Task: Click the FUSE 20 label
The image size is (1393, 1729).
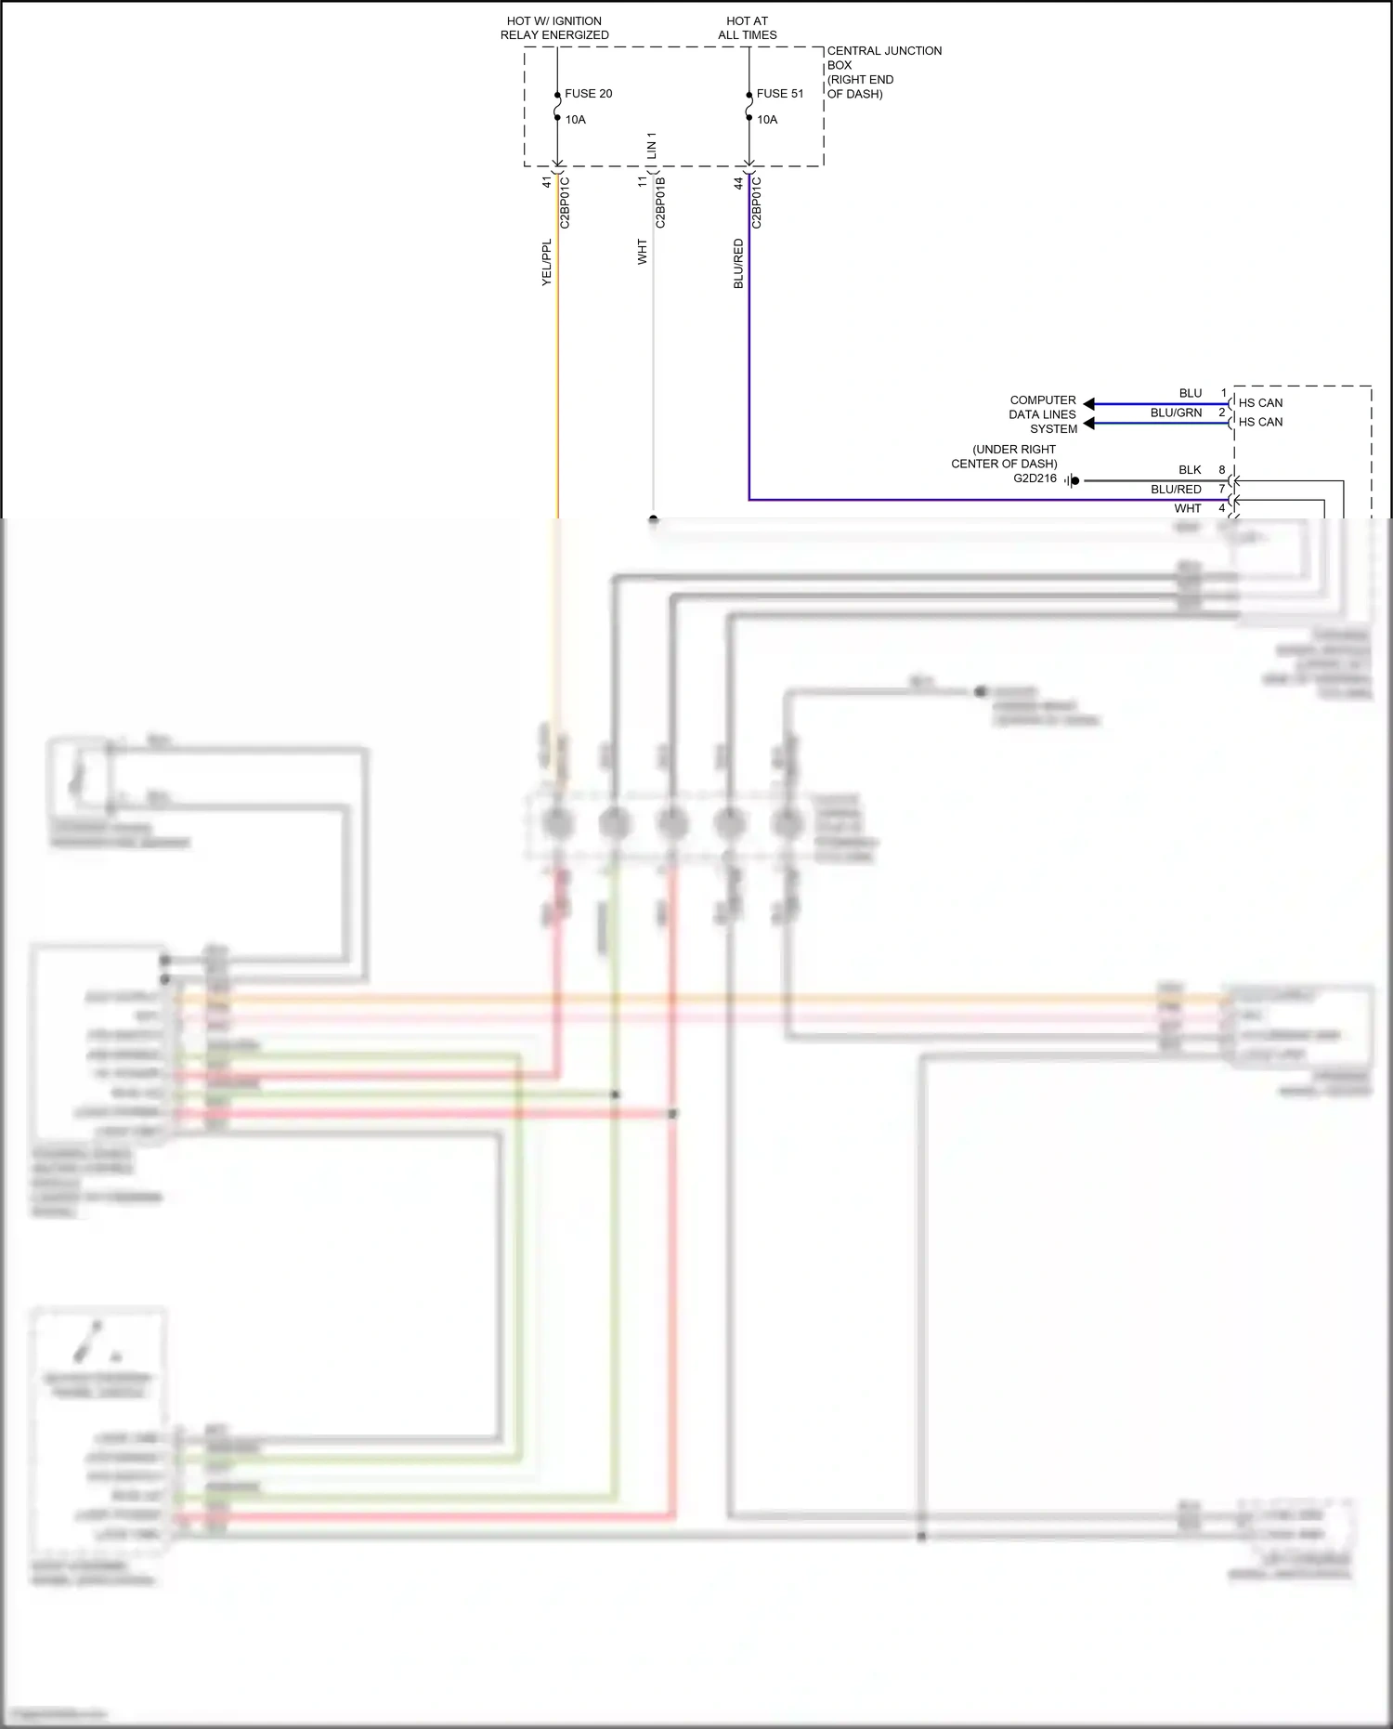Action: click(588, 94)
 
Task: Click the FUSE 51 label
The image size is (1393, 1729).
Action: click(780, 94)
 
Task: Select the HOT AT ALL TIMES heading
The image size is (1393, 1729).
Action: click(748, 28)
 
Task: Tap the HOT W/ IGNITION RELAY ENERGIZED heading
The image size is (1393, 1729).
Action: click(554, 28)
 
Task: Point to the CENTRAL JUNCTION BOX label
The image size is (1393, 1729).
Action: click(884, 72)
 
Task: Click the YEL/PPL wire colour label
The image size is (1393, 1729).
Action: click(547, 262)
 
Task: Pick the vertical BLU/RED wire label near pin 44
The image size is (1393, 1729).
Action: click(739, 264)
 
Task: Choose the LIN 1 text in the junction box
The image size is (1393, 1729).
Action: click(652, 146)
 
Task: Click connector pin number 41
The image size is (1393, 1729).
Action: click(547, 183)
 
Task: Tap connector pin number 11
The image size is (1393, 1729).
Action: click(643, 182)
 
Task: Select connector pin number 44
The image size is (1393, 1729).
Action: click(739, 184)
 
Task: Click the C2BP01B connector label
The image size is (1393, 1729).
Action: click(661, 203)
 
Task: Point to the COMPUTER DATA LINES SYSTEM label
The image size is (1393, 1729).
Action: click(1043, 414)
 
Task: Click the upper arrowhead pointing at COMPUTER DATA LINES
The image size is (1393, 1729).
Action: click(1089, 404)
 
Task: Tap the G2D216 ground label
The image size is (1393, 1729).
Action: click(1035, 478)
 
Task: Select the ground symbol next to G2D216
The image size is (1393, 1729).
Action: click(1071, 480)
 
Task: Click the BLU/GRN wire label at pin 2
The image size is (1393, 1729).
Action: click(1176, 413)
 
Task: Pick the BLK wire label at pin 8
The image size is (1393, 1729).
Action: click(1190, 470)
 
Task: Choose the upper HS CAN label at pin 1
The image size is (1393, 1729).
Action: click(1260, 403)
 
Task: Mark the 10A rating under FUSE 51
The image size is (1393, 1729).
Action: click(767, 120)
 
